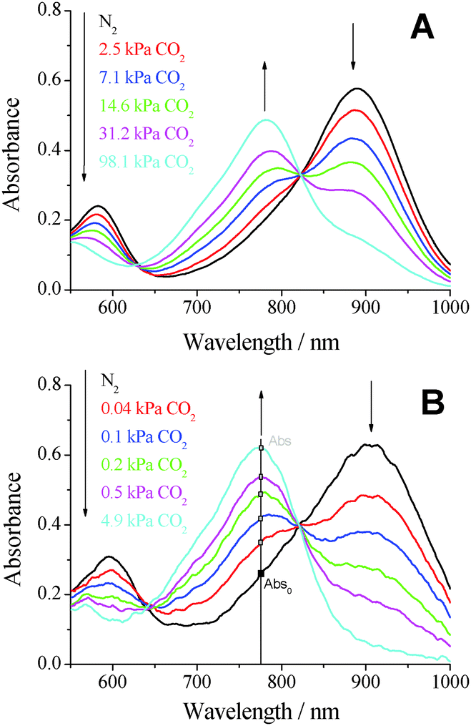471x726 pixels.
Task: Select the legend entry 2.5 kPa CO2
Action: coord(144,53)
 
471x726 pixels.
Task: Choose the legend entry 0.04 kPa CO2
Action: coord(147,413)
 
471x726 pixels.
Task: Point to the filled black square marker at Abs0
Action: coord(261,574)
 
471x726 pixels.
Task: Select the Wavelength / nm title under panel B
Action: coord(260,711)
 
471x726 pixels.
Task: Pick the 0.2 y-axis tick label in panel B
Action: coord(52,595)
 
